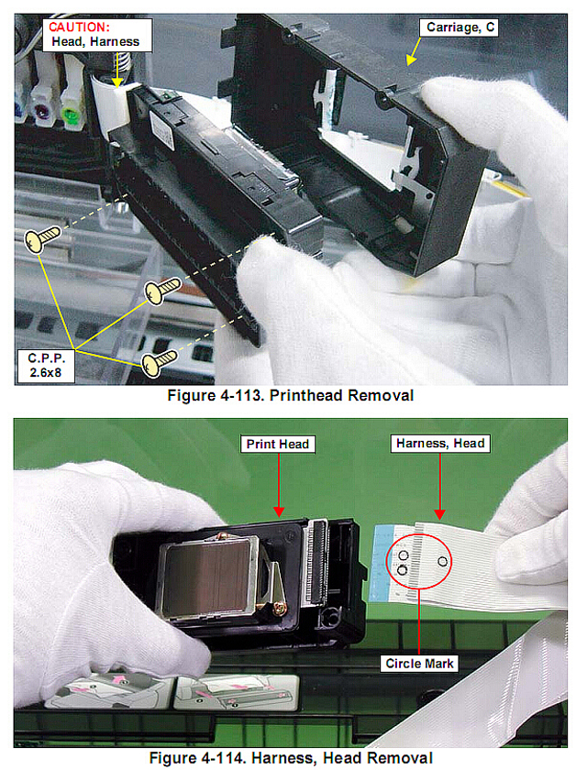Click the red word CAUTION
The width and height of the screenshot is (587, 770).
(x=79, y=27)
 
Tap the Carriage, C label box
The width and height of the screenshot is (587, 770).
(x=460, y=27)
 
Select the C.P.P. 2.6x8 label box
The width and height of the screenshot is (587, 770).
(x=46, y=366)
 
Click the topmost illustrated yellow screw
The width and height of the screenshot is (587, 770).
(x=43, y=238)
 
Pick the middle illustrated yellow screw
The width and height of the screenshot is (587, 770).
(x=162, y=290)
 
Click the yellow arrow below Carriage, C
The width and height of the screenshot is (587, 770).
(x=414, y=51)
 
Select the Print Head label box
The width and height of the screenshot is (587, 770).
(x=278, y=444)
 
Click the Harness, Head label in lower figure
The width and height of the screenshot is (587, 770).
(x=440, y=444)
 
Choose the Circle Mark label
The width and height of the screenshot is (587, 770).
(x=419, y=664)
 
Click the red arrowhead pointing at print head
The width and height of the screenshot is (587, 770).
(x=279, y=511)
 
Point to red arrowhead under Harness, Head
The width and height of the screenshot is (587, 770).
(x=439, y=514)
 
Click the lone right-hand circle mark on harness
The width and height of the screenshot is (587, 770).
(x=442, y=561)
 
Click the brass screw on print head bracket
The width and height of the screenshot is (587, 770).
(x=280, y=609)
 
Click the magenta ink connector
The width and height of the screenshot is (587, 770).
(x=42, y=111)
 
